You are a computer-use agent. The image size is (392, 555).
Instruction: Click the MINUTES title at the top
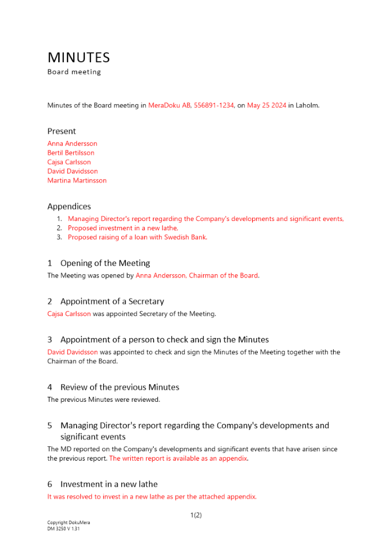coord(79,58)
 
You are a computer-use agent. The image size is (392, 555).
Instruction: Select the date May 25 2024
coord(267,105)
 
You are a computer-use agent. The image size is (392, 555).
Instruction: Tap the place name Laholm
coord(307,105)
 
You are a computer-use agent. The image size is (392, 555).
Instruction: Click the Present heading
coord(62,132)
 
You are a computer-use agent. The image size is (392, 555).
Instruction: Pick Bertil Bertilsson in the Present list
coord(71,153)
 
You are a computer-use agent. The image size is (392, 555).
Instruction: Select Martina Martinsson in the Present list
coord(77,180)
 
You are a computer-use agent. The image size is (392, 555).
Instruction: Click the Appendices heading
coord(69,206)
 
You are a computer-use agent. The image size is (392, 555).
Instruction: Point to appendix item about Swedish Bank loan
coord(138,237)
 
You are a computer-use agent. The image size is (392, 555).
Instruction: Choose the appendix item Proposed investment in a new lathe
coord(123,228)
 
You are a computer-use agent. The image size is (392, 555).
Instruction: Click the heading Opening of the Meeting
coord(105,263)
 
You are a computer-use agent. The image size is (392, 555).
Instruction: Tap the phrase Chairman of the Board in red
coord(224,275)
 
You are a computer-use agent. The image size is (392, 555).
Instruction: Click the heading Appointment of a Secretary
coord(112,301)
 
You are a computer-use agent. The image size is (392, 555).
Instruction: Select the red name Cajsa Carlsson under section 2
coord(69,314)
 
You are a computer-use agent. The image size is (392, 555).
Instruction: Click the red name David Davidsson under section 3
coord(73,352)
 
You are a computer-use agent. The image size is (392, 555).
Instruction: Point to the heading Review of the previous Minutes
coord(120,387)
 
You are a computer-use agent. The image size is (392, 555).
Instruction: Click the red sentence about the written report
coord(178,458)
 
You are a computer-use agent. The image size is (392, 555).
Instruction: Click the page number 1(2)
coord(196,515)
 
